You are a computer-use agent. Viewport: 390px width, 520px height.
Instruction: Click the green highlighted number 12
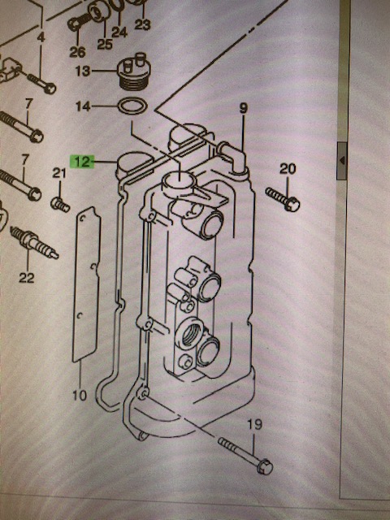83,162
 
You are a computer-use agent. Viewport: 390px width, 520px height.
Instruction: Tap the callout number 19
255,425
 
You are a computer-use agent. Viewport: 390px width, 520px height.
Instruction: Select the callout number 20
288,169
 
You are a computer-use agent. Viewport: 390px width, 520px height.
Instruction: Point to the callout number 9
242,107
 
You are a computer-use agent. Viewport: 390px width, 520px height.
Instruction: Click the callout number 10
80,396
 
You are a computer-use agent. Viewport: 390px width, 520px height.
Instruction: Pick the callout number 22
26,278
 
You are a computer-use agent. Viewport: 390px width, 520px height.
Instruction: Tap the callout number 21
58,172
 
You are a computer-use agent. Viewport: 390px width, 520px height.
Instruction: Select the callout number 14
83,106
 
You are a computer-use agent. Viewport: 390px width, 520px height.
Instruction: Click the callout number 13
83,71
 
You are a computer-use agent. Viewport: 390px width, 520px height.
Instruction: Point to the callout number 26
76,53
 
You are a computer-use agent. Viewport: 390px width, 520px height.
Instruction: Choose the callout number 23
143,24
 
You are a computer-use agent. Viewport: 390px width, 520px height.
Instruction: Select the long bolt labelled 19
244,453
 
